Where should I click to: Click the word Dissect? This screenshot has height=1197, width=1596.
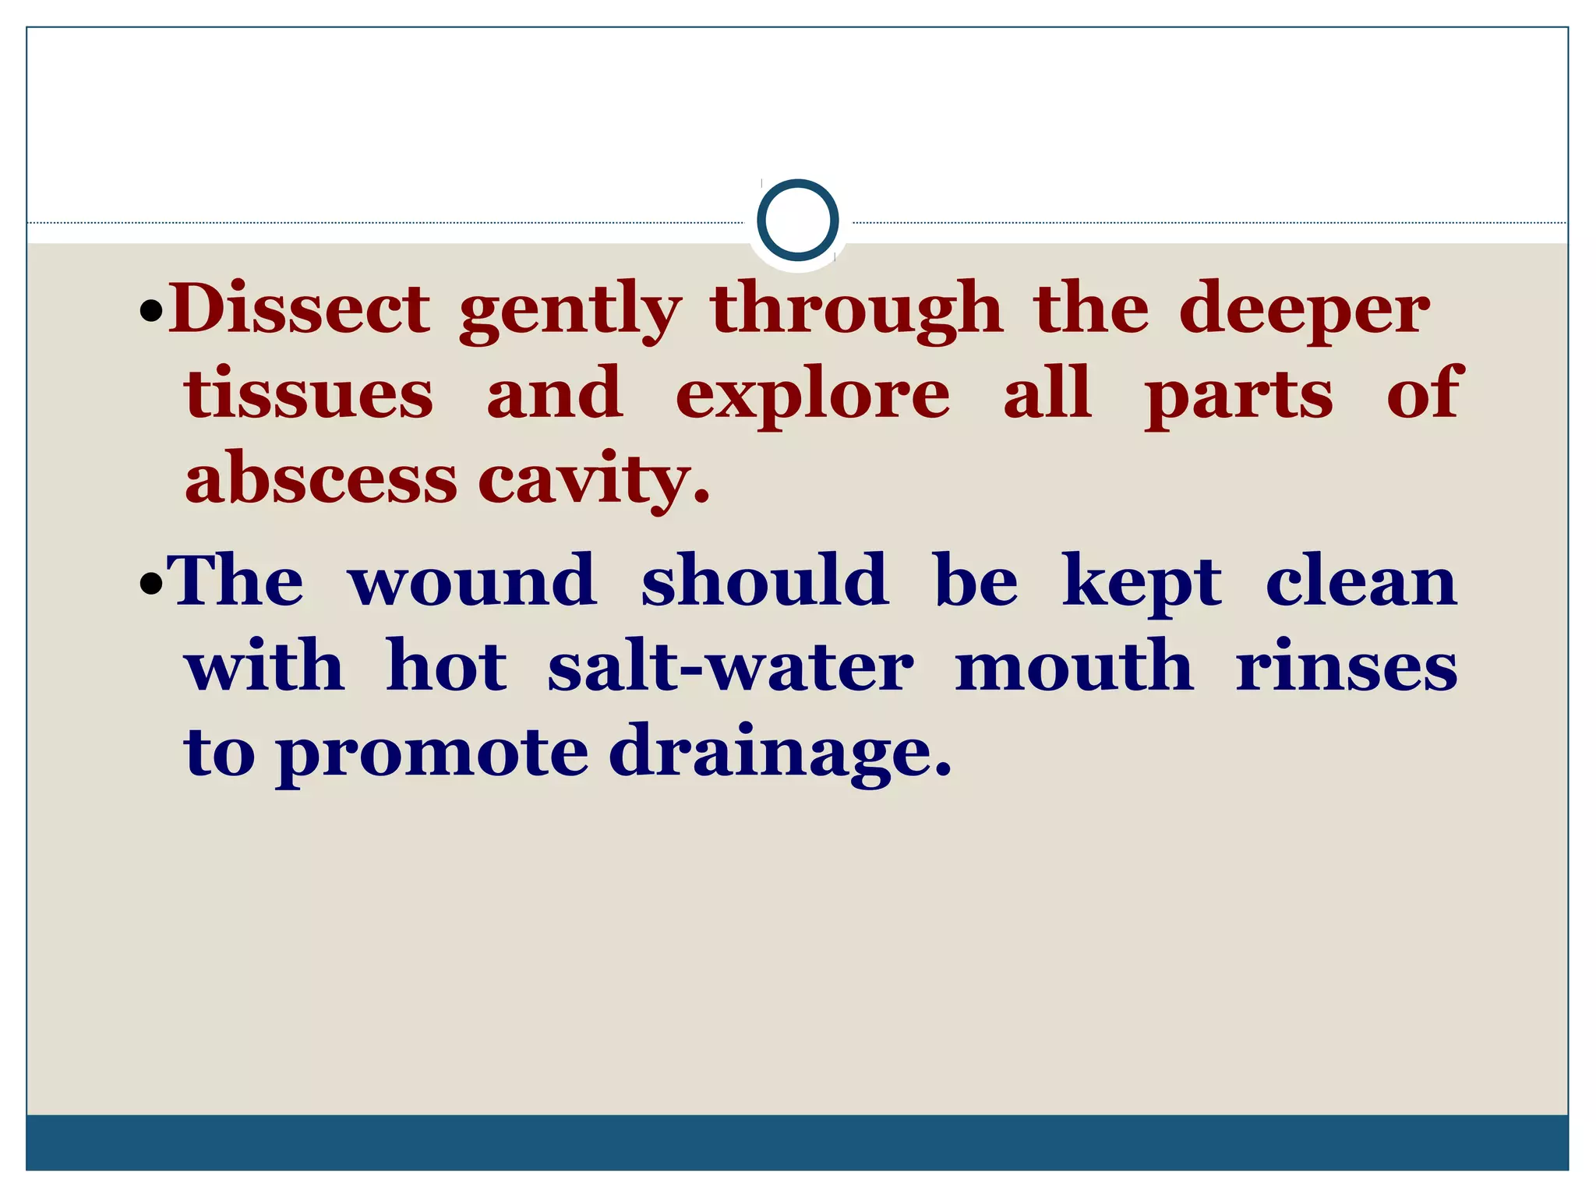(299, 309)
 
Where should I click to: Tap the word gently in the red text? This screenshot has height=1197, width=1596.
(570, 312)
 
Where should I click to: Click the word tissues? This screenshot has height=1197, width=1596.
(309, 394)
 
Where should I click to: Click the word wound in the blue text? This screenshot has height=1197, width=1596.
(472, 581)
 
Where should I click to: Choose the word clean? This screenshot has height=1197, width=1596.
(1361, 581)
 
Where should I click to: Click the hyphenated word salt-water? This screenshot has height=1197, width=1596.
(730, 667)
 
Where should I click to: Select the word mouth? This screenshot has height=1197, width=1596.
(1074, 666)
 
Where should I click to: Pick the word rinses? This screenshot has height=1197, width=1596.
(1346, 668)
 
